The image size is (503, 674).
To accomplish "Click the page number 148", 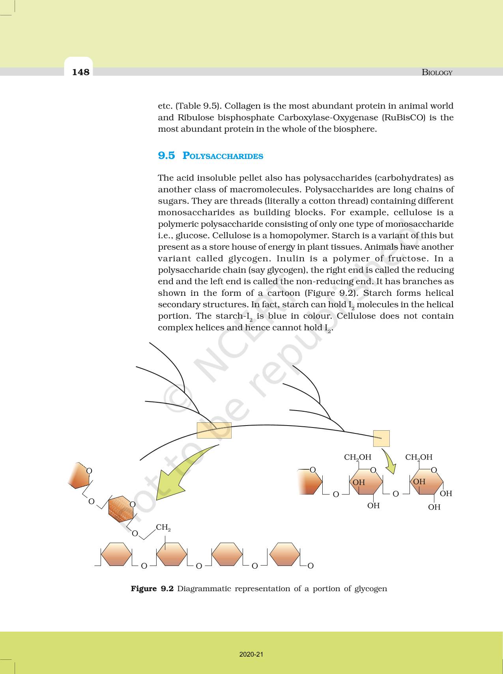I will coord(81,72).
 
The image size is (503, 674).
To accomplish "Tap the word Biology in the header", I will coord(437,72).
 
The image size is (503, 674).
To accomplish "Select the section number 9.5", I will coord(166,155).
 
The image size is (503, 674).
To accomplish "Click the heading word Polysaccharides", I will coord(223,156).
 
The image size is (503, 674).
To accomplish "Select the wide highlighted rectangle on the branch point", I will coord(214,430).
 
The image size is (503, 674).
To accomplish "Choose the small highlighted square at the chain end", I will coord(381,438).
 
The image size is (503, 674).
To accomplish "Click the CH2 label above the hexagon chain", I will coord(163,527).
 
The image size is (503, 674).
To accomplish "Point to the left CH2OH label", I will coord(357,457).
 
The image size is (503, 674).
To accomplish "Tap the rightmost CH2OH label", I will coord(419,457).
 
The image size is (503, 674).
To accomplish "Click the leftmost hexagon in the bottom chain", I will coord(116,554).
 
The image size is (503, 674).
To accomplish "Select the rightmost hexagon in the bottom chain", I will coord(285,554).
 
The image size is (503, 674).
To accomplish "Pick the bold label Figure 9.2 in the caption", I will coord(152,589).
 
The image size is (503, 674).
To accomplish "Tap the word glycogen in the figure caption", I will coord(370,589).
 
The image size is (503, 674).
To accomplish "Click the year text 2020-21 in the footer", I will coord(251,655).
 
